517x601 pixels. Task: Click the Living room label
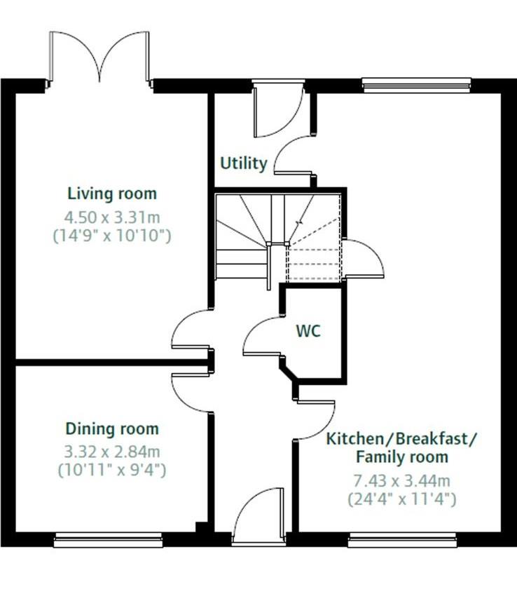click(x=112, y=194)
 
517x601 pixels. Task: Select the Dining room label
click(x=112, y=428)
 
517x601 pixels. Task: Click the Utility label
click(x=244, y=164)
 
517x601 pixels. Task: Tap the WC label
click(x=308, y=331)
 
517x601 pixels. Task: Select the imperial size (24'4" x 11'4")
click(x=402, y=499)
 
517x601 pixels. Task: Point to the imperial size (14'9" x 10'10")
click(x=112, y=236)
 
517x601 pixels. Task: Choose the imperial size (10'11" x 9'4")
click(x=112, y=469)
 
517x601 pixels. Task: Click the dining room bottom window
click(x=109, y=539)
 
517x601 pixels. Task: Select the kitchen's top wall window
click(x=416, y=86)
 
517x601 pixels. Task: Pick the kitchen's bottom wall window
click(x=402, y=539)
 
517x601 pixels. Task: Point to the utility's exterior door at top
click(x=277, y=112)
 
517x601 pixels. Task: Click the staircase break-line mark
click(x=299, y=222)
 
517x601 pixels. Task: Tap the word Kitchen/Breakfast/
click(x=402, y=439)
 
